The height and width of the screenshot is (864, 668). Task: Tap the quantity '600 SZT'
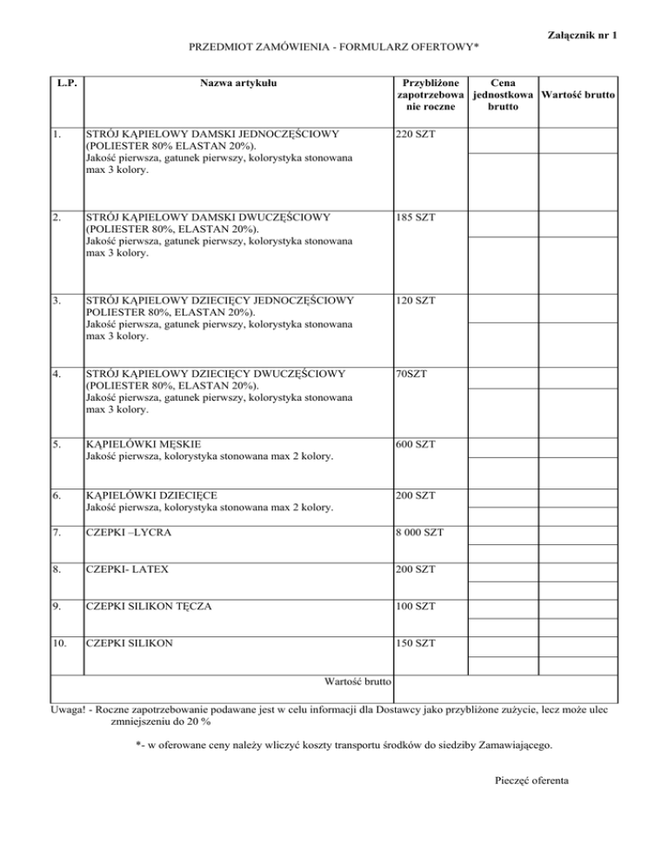pos(415,445)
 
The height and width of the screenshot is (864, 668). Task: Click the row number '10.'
pos(61,644)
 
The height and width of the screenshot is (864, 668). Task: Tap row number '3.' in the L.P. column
pos(57,301)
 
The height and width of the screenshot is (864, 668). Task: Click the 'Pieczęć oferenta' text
pos(531,781)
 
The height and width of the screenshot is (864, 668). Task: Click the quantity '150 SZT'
pos(415,644)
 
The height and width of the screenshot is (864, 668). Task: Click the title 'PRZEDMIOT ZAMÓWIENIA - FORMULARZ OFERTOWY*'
pos(334,45)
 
